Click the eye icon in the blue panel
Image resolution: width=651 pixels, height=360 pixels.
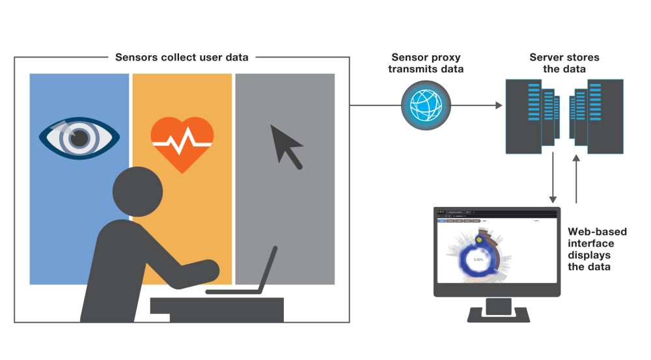pyautogui.click(x=79, y=137)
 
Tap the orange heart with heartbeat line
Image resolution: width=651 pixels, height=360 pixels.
pyautogui.click(x=182, y=141)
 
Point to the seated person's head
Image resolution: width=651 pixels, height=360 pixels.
pyautogui.click(x=137, y=191)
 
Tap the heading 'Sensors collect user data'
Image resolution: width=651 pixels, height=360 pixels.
pyautogui.click(x=182, y=57)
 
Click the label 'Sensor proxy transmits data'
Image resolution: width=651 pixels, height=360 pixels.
pyautogui.click(x=426, y=63)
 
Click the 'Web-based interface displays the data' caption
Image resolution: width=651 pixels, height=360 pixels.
pyautogui.click(x=597, y=249)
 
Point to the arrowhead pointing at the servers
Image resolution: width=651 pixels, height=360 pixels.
pyautogui.click(x=499, y=105)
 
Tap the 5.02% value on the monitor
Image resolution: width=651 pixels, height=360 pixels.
pyautogui.click(x=478, y=260)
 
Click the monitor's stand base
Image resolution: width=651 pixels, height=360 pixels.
pyautogui.click(x=499, y=316)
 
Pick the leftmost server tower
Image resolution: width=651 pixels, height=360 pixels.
pyautogui.click(x=523, y=116)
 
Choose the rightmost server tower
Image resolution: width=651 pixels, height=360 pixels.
pyautogui.click(x=605, y=116)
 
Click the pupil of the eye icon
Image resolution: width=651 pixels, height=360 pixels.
pyautogui.click(x=79, y=137)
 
